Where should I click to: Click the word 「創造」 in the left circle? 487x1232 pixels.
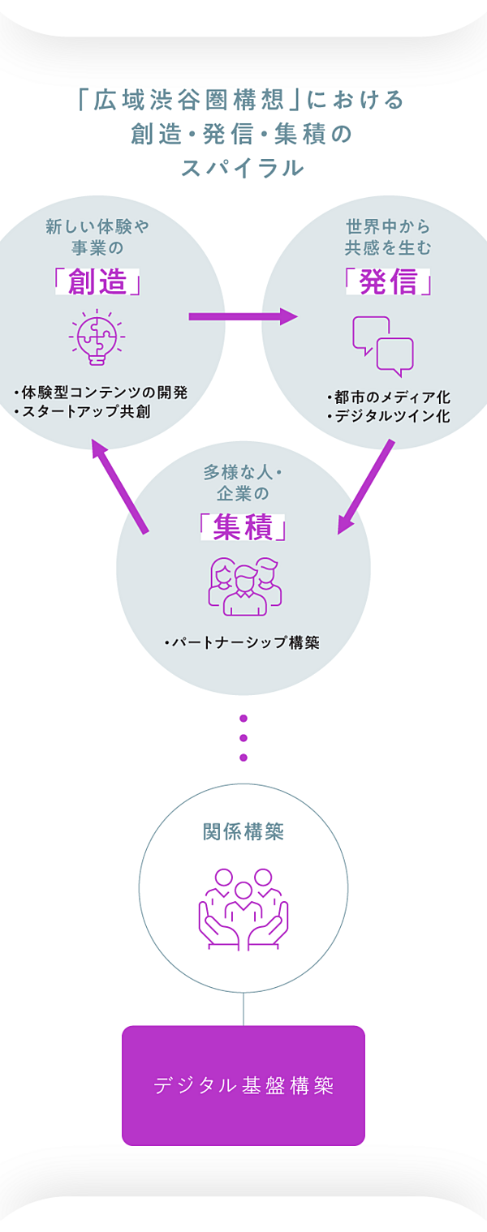(x=97, y=282)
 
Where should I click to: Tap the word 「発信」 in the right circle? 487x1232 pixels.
(x=388, y=282)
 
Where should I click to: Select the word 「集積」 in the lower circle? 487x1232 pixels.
(x=243, y=528)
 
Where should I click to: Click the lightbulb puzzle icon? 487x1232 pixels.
(x=96, y=337)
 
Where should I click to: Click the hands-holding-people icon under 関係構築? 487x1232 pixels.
(x=243, y=908)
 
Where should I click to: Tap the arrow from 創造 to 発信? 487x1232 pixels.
(x=243, y=316)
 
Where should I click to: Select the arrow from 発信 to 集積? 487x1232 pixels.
(x=365, y=487)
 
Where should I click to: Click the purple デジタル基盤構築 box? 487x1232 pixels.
(x=243, y=1085)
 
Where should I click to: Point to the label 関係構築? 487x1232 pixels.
(x=243, y=831)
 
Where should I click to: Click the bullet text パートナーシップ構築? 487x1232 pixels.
(x=244, y=643)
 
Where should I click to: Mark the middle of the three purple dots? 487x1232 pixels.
(x=243, y=738)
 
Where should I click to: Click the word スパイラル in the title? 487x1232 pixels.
(x=243, y=168)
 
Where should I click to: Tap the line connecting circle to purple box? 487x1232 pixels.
(x=243, y=1010)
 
